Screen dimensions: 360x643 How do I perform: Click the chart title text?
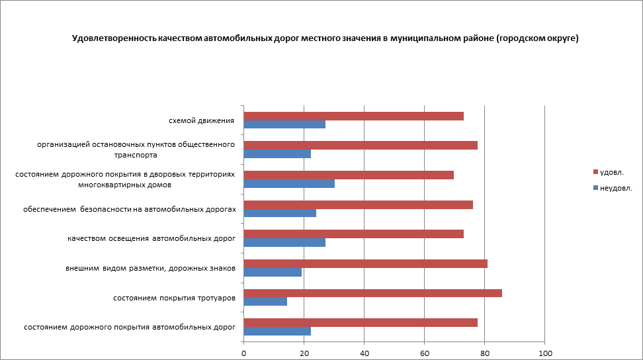point(325,38)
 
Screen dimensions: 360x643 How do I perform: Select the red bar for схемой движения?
point(353,116)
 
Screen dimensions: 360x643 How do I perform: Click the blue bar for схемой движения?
point(284,124)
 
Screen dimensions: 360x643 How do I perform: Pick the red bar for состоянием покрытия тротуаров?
point(372,293)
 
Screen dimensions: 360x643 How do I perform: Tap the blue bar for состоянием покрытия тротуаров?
point(265,302)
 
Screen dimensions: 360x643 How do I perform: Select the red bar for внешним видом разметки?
point(365,263)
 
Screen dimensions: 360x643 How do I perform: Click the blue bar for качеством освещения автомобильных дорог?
point(284,242)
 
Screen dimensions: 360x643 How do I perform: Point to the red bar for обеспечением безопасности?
point(358,204)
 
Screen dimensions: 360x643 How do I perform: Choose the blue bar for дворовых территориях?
point(289,183)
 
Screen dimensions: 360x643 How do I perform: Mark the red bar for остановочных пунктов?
point(361,146)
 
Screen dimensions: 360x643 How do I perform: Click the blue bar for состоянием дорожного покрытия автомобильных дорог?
point(277,331)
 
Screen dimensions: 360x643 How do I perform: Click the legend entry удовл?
point(611,172)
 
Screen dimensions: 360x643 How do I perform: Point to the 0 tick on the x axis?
point(244,353)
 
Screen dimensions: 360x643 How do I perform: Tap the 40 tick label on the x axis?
point(364,353)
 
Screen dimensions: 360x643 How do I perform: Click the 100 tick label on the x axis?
point(544,353)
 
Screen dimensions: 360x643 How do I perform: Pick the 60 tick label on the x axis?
point(425,353)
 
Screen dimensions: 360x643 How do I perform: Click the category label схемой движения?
point(202,120)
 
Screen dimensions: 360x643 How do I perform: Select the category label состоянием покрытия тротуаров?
point(175,298)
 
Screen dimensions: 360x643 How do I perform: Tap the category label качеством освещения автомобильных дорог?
point(151,238)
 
